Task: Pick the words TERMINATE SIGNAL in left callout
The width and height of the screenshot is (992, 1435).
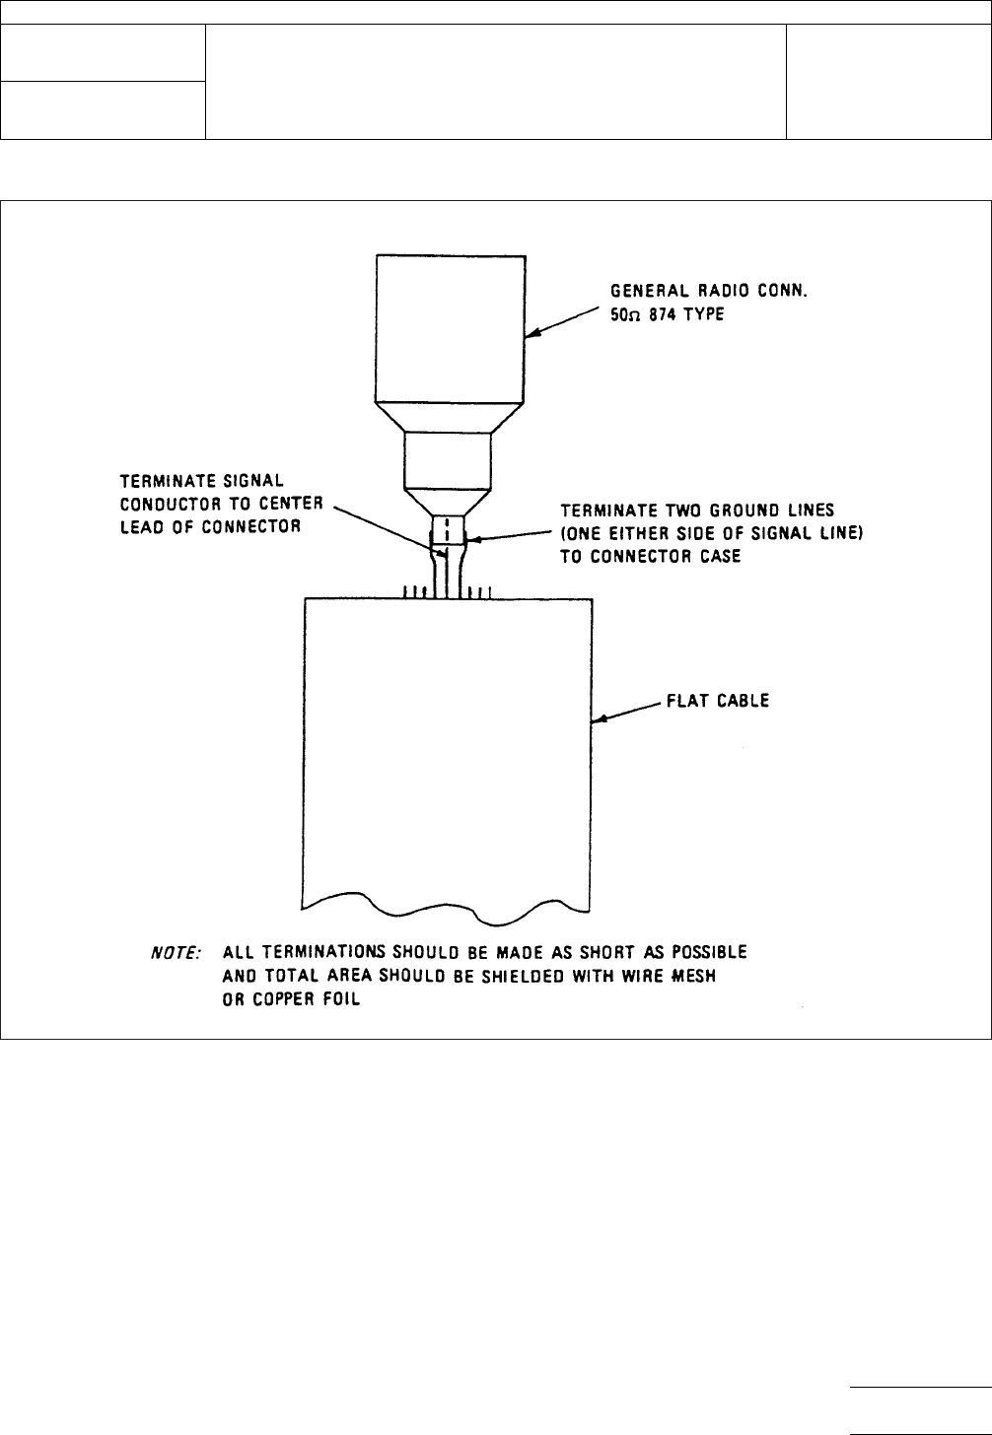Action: (x=202, y=482)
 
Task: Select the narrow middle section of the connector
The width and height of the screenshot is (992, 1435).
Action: (x=448, y=459)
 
